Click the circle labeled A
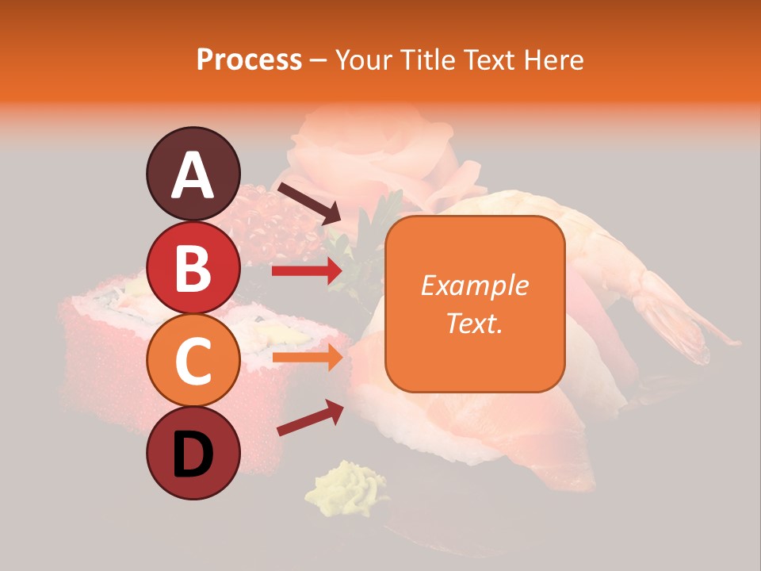pyautogui.click(x=193, y=174)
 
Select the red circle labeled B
pyautogui.click(x=193, y=268)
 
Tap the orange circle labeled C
pyautogui.click(x=193, y=361)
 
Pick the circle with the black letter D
pyautogui.click(x=193, y=454)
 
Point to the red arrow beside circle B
pyautogui.click(x=306, y=271)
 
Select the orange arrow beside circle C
pyautogui.click(x=306, y=358)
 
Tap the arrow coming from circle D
pyautogui.click(x=309, y=418)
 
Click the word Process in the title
pyautogui.click(x=249, y=60)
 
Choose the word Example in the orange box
pyautogui.click(x=474, y=285)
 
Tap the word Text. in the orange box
pyautogui.click(x=474, y=323)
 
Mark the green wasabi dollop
pyautogui.click(x=349, y=485)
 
